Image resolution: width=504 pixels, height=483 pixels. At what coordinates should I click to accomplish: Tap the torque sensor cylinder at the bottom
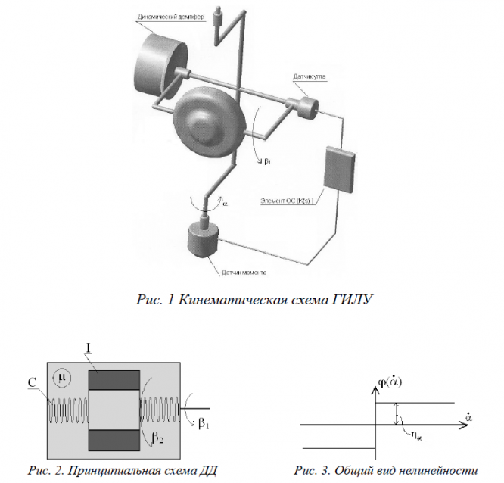pyautogui.click(x=202, y=244)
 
